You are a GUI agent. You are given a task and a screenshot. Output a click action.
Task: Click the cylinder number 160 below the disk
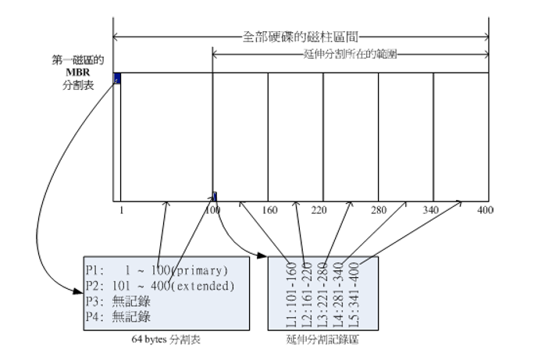coord(269,210)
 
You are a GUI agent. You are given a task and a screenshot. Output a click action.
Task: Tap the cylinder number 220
coord(318,210)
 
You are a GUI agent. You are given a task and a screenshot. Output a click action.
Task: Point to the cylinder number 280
coord(379,210)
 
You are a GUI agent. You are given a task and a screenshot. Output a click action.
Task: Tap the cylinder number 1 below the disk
coord(121,210)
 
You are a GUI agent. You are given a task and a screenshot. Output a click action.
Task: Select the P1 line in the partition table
coord(156,271)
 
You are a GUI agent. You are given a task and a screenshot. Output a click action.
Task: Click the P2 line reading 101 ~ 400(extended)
coord(160,286)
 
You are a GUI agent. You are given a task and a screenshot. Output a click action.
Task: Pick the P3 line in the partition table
coord(116,301)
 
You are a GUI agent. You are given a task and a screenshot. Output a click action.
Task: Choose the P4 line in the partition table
coord(116,316)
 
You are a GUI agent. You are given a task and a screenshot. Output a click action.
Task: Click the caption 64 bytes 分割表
coord(165,340)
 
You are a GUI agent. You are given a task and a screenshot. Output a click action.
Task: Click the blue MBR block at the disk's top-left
coord(117,77)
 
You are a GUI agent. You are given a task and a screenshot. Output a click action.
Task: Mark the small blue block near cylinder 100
coord(215,195)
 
